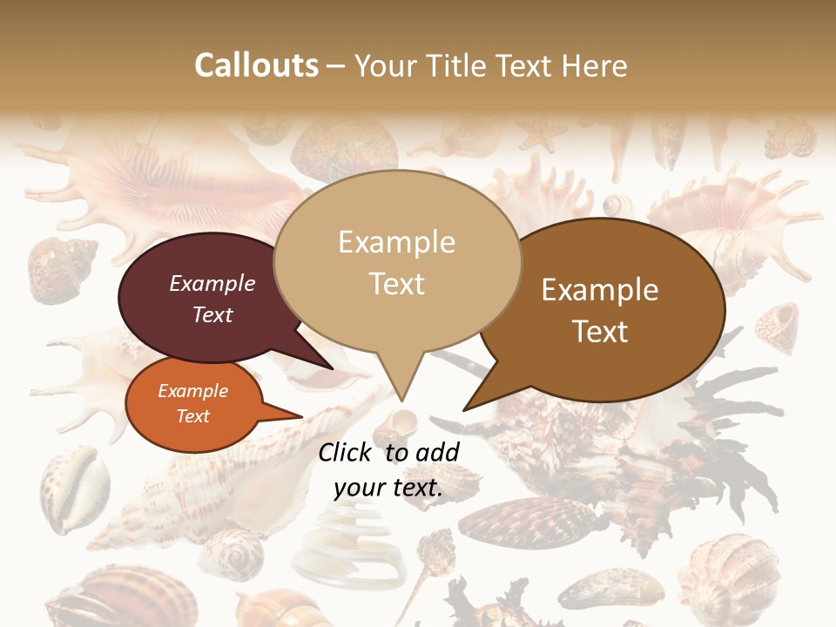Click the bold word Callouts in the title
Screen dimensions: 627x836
pyautogui.click(x=256, y=65)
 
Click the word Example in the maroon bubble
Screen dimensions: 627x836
pyautogui.click(x=212, y=283)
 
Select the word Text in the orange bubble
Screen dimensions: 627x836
pyautogui.click(x=192, y=416)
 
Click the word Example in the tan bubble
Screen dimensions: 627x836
pyautogui.click(x=396, y=242)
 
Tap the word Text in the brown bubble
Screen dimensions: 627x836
pyautogui.click(x=600, y=332)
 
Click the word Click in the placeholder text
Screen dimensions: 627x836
pyautogui.click(x=347, y=452)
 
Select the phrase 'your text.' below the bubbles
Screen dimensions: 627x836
pyautogui.click(x=388, y=489)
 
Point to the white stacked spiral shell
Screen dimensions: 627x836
pyautogui.click(x=348, y=544)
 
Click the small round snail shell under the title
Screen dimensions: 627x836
pyautogui.click(x=617, y=206)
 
